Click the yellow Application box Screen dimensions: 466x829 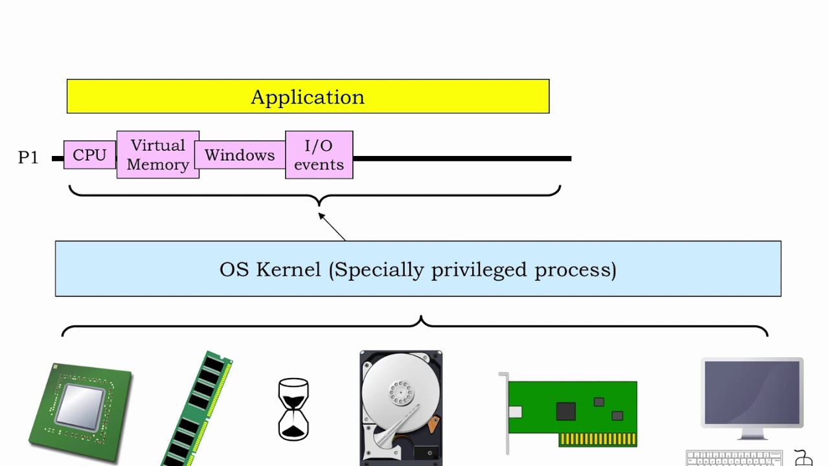tap(308, 96)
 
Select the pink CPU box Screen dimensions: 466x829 tap(89, 155)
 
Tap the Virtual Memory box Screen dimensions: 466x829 tap(157, 155)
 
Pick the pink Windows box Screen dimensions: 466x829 tap(240, 155)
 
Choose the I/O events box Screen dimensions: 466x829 tap(319, 155)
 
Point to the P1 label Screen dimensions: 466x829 tap(28, 157)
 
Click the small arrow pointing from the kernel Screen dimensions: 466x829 tap(332, 227)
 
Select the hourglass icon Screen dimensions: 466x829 tap(293, 410)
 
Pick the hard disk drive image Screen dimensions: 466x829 tap(401, 408)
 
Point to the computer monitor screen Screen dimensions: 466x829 tap(752, 393)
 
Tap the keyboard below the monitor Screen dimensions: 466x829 tap(734, 459)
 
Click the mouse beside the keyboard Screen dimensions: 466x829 tap(803, 459)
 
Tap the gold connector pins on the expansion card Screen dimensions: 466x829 tap(597, 439)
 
